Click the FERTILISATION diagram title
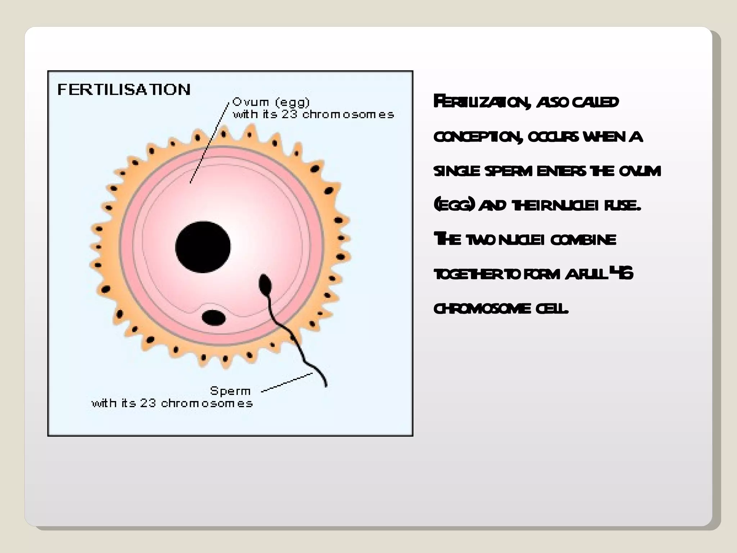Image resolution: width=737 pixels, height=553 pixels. (x=124, y=89)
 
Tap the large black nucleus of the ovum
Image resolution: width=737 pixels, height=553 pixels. (x=203, y=247)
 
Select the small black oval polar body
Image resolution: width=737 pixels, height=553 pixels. (x=213, y=318)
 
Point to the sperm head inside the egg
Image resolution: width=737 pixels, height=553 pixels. (x=265, y=283)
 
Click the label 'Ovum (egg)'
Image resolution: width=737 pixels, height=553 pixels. (x=271, y=102)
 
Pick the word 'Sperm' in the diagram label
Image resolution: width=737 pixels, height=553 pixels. (x=230, y=391)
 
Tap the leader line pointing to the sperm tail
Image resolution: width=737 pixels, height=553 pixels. (x=287, y=382)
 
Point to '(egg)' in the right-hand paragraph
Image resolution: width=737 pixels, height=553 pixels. (x=454, y=206)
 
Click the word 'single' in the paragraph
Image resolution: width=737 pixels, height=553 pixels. (x=457, y=171)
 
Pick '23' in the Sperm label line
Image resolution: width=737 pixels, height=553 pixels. (x=148, y=403)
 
